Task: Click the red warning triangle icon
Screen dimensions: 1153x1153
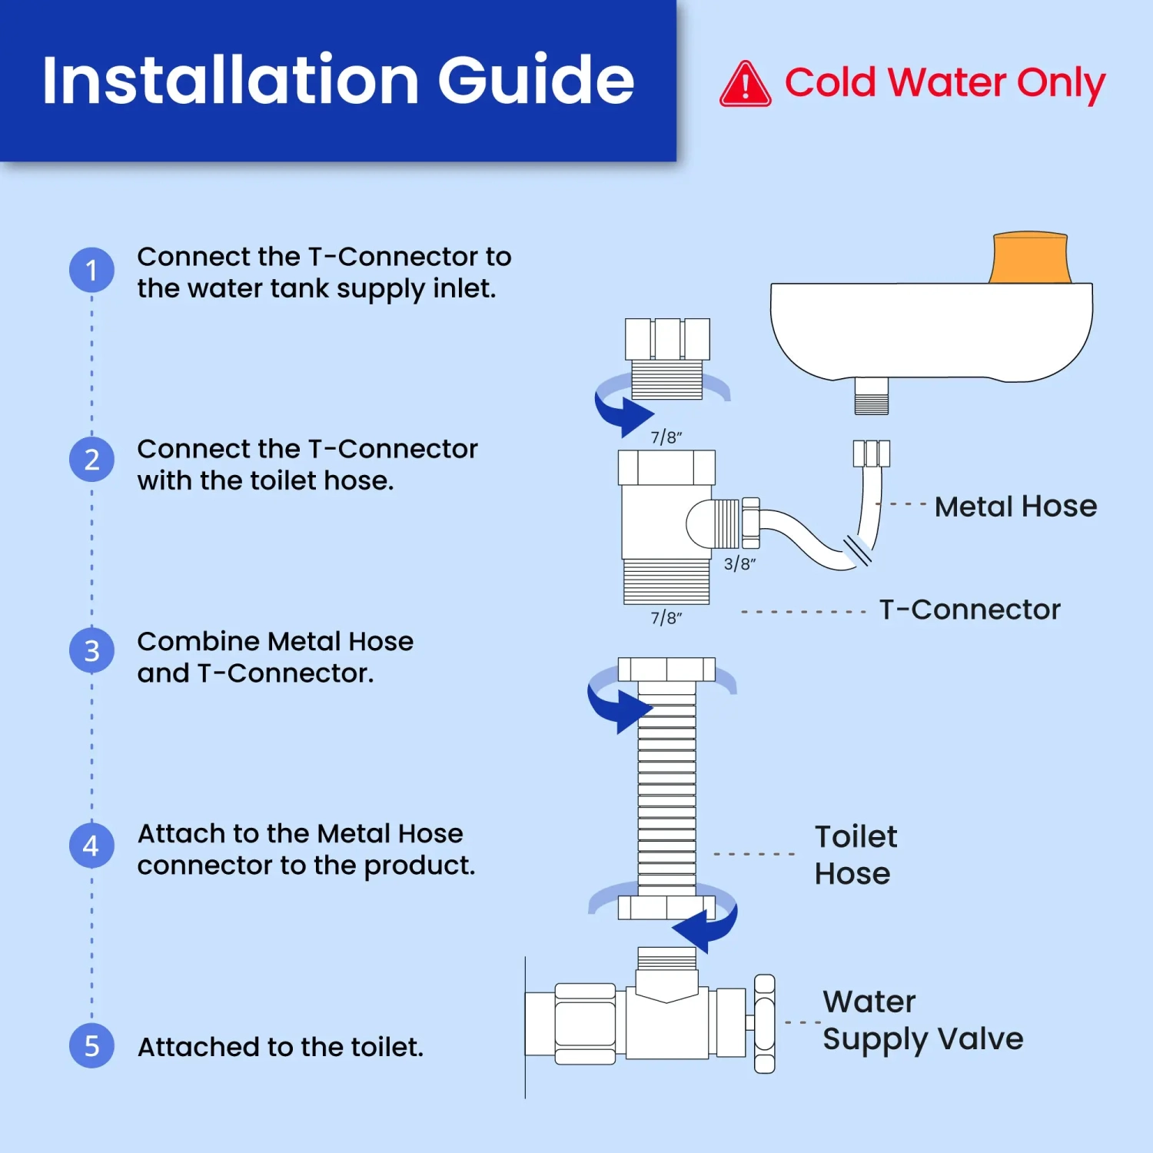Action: tap(745, 85)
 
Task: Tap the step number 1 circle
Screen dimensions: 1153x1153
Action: tap(91, 270)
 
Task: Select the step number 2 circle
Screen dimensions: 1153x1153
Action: tap(91, 460)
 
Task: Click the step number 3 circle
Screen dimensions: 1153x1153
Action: tap(91, 651)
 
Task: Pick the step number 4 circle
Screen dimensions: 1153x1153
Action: tap(91, 846)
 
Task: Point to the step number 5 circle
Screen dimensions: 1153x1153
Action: tap(91, 1045)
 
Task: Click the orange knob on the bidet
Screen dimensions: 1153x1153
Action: tap(1030, 258)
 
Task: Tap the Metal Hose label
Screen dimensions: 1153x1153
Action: tap(1015, 507)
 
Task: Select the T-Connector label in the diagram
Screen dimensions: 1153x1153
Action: tap(969, 610)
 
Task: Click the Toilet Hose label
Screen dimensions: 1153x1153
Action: tap(856, 855)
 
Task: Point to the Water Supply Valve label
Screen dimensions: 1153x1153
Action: tap(922, 1021)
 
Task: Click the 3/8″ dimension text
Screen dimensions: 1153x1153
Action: tap(739, 563)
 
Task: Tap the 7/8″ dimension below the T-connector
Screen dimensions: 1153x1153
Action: tap(666, 618)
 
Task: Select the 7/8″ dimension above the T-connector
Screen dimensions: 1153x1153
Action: tap(666, 437)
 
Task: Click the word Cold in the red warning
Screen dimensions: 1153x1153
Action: tap(830, 82)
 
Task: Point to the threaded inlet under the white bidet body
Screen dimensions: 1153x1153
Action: tap(872, 396)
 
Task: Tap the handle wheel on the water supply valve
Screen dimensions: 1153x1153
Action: tap(764, 1023)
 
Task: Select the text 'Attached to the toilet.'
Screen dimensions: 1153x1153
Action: tap(281, 1047)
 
